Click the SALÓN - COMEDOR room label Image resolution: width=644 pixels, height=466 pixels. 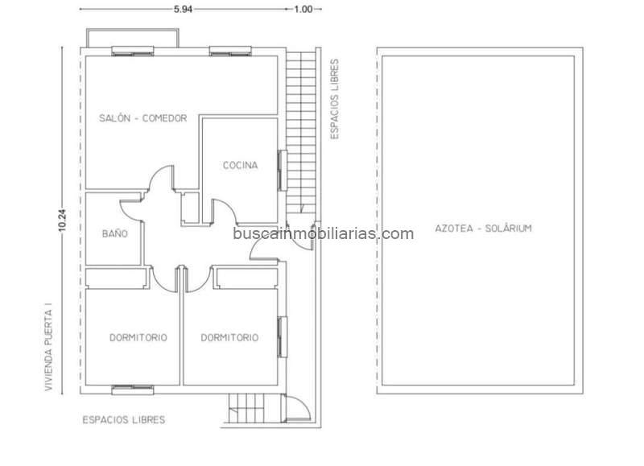coord(143,118)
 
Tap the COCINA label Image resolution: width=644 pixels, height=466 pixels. coord(240,165)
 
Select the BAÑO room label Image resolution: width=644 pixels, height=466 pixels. coord(115,233)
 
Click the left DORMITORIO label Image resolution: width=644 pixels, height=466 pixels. coord(138,337)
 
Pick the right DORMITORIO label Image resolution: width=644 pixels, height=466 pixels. coord(229,337)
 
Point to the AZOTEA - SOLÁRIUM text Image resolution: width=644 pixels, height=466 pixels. coord(484,229)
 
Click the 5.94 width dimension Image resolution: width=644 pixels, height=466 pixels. coord(183,9)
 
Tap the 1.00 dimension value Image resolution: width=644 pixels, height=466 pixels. coord(303,9)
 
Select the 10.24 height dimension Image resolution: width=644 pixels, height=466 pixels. coord(62,221)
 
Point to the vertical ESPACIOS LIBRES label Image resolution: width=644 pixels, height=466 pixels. coord(335,99)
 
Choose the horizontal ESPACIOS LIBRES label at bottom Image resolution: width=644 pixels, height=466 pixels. coord(124,419)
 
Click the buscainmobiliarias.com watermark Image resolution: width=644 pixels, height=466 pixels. coord(324,233)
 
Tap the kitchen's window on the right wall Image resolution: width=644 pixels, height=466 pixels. coord(283,171)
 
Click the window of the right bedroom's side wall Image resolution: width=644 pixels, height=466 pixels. coord(283,337)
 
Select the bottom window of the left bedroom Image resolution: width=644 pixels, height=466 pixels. coord(133,390)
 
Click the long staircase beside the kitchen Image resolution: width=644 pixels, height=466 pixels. coord(301,132)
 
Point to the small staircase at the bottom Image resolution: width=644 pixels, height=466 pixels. coord(254,408)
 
